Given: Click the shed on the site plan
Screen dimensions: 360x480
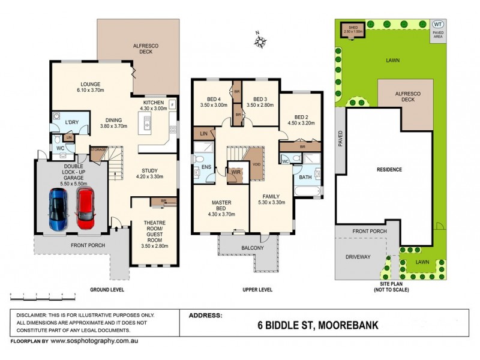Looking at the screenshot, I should (x=350, y=30).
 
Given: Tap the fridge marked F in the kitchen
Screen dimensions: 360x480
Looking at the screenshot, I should (x=173, y=104).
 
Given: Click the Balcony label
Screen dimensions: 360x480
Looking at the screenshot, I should (x=253, y=248).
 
